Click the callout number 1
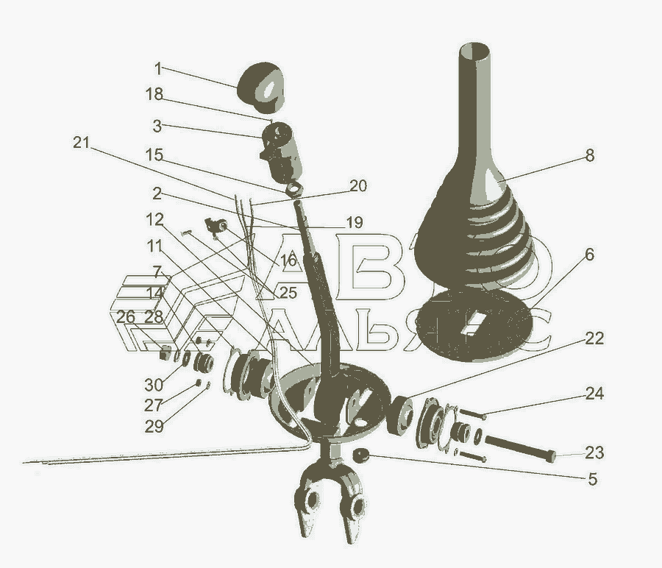click(x=158, y=68)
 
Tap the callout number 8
click(x=589, y=155)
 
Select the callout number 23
click(x=594, y=452)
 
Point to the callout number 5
click(x=592, y=479)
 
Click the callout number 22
click(x=594, y=338)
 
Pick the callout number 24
click(x=594, y=394)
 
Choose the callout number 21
click(x=82, y=142)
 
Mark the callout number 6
click(x=589, y=255)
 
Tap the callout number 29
click(x=154, y=427)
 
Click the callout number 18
click(x=154, y=94)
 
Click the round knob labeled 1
click(x=260, y=88)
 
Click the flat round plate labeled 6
click(x=473, y=325)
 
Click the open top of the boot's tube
click(x=475, y=51)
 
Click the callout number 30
click(x=154, y=385)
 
